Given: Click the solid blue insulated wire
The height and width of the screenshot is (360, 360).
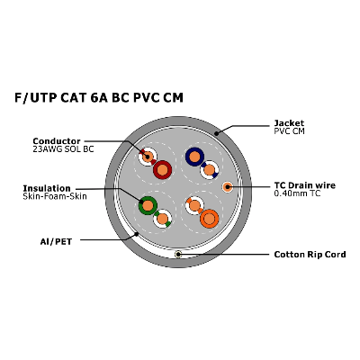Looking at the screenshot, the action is pos(194,157).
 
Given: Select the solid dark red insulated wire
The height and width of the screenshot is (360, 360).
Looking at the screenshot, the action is pos(162,170).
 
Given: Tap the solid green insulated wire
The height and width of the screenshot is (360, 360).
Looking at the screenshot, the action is pos(148,205).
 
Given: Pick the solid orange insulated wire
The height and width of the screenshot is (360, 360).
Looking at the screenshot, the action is pos(210,219).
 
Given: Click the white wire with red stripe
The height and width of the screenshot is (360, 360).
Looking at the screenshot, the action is pos(148,157).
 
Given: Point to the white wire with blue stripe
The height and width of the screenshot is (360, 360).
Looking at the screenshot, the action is pos(210,170).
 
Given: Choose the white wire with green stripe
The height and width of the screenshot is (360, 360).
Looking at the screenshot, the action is pos(162,219).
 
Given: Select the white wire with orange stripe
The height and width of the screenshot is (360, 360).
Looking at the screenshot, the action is pos(194,205).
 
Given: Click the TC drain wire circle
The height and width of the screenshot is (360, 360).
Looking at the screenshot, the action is pos(228,187).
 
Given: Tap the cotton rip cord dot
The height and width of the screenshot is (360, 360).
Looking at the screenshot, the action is pos(178,255).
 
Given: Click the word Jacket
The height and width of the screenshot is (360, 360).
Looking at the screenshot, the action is pos(289,123).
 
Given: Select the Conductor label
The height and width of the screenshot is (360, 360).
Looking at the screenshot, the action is pos(57,141).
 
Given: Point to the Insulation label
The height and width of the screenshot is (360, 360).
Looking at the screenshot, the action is pos(47,188).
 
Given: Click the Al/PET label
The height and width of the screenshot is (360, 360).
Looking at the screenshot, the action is pos(56,241).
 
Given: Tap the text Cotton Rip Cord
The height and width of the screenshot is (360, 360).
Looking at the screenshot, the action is pos(310,255).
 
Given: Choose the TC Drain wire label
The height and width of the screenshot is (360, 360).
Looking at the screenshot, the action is pos(305,185).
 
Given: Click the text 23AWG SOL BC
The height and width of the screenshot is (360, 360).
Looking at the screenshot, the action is pos(63,149).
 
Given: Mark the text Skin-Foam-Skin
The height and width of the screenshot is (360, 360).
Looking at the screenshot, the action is pos(55,196).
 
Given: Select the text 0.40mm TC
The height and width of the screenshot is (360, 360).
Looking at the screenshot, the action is pos(297,193).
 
